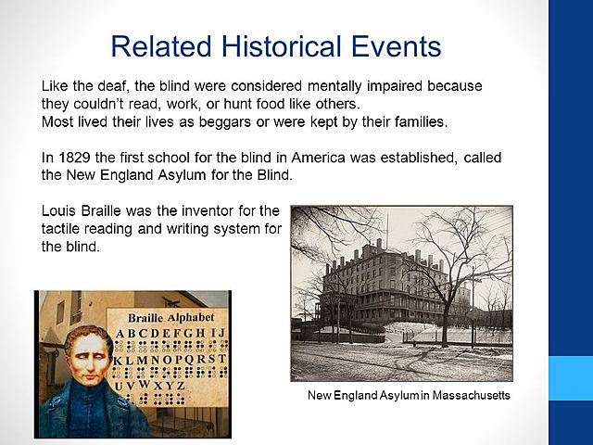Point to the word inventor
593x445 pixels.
coord(213,210)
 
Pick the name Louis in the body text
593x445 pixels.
coord(59,210)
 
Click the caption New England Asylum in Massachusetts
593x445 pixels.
coord(409,396)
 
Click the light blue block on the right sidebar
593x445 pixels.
coord(570,377)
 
